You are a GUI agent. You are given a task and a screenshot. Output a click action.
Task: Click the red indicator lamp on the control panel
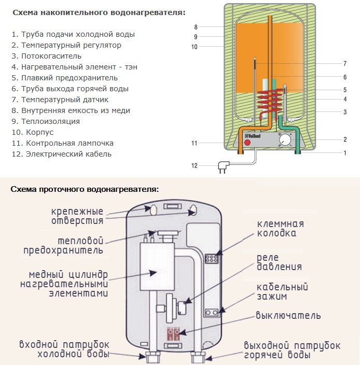pyautogui.click(x=247, y=142)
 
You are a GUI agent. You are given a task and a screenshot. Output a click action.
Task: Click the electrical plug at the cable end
pyautogui.click(x=224, y=166)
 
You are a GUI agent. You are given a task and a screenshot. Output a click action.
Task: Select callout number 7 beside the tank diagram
pyautogui.click(x=344, y=64)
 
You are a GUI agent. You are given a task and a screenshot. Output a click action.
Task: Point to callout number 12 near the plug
pyautogui.click(x=195, y=166)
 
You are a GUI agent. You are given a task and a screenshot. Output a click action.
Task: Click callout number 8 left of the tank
pyautogui.click(x=196, y=27)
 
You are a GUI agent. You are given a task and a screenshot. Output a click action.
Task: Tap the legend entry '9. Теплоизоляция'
pyautogui.click(x=45, y=121)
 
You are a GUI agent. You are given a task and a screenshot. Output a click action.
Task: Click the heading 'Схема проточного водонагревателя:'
pyautogui.click(x=85, y=189)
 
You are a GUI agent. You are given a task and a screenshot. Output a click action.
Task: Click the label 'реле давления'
pyautogui.click(x=279, y=262)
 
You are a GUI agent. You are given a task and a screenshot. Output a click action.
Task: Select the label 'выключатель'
pyautogui.click(x=288, y=315)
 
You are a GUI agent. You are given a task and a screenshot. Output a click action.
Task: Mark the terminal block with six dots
pyautogui.click(x=210, y=258)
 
